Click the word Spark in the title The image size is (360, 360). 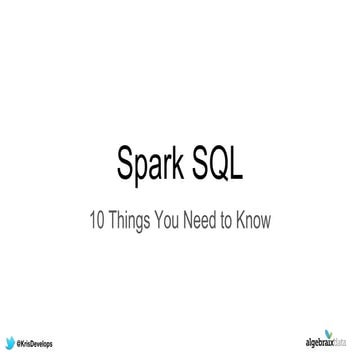(152, 165)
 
